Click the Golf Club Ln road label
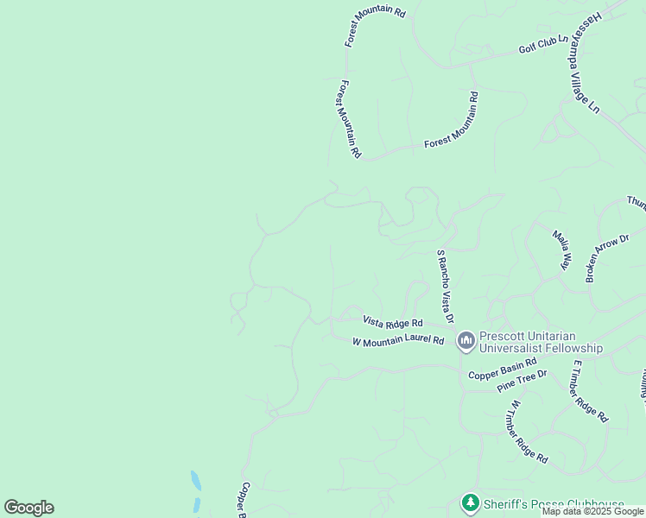[x=543, y=44]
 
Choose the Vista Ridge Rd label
[x=392, y=322]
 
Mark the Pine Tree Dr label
[x=522, y=381]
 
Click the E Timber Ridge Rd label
[x=589, y=392]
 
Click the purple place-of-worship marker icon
[x=465, y=342]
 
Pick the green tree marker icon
[x=470, y=502]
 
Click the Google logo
[x=28, y=508]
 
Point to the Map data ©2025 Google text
[x=592, y=511]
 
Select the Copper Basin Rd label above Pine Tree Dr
[x=502, y=370]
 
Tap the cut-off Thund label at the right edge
[x=636, y=202]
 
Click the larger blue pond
[x=196, y=480]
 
